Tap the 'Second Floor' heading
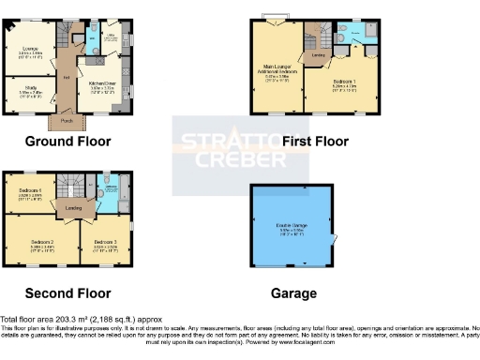click(x=67, y=292)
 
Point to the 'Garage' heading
click(x=293, y=292)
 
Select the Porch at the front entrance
click(x=66, y=120)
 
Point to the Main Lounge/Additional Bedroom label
click(x=276, y=74)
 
